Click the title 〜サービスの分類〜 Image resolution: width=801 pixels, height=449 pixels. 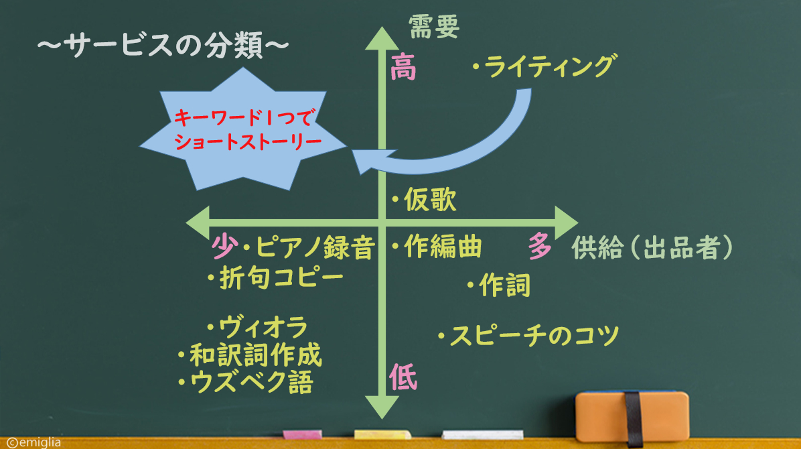163,45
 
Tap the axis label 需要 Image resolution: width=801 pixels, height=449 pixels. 434,27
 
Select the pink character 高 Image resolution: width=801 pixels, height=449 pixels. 403,67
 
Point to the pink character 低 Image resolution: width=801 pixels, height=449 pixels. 403,377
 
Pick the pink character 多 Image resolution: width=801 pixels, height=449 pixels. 540,245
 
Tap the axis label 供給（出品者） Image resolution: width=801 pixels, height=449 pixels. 652,247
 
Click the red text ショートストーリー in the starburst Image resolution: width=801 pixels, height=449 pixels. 248,141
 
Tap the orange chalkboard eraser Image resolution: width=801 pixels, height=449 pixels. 632,417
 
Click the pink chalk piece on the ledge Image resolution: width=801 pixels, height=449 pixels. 303,435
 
